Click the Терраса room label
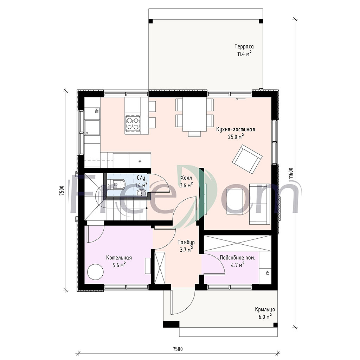[244, 46]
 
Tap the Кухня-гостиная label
[236, 129]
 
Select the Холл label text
[186, 178]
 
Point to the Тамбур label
[186, 242]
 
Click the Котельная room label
[119, 258]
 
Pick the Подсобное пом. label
[237, 258]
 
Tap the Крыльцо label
[265, 309]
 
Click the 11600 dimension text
[291, 173]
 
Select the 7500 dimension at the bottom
[178, 349]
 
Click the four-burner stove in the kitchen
[133, 123]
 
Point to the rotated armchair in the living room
[247, 159]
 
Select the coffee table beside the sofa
[235, 201]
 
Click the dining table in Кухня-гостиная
[194, 115]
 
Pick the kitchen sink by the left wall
[92, 127]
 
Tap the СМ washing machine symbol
[268, 272]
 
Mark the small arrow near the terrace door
[240, 99]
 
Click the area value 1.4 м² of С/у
[141, 185]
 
